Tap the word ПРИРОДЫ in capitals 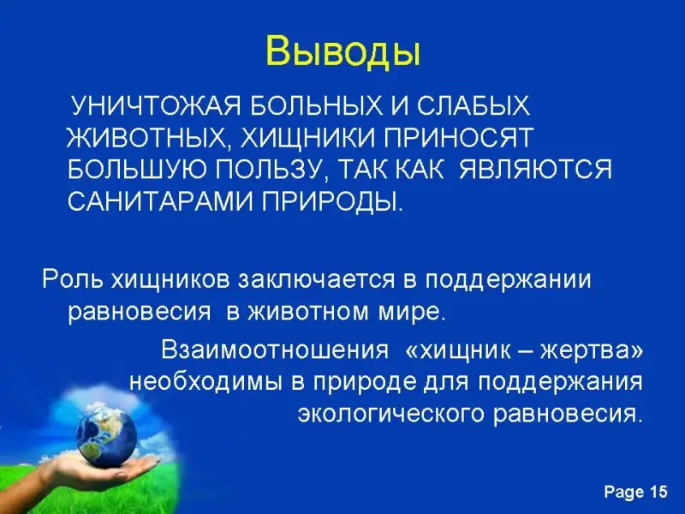coord(331,202)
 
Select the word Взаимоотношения coord(275,350)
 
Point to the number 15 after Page coord(658,492)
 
